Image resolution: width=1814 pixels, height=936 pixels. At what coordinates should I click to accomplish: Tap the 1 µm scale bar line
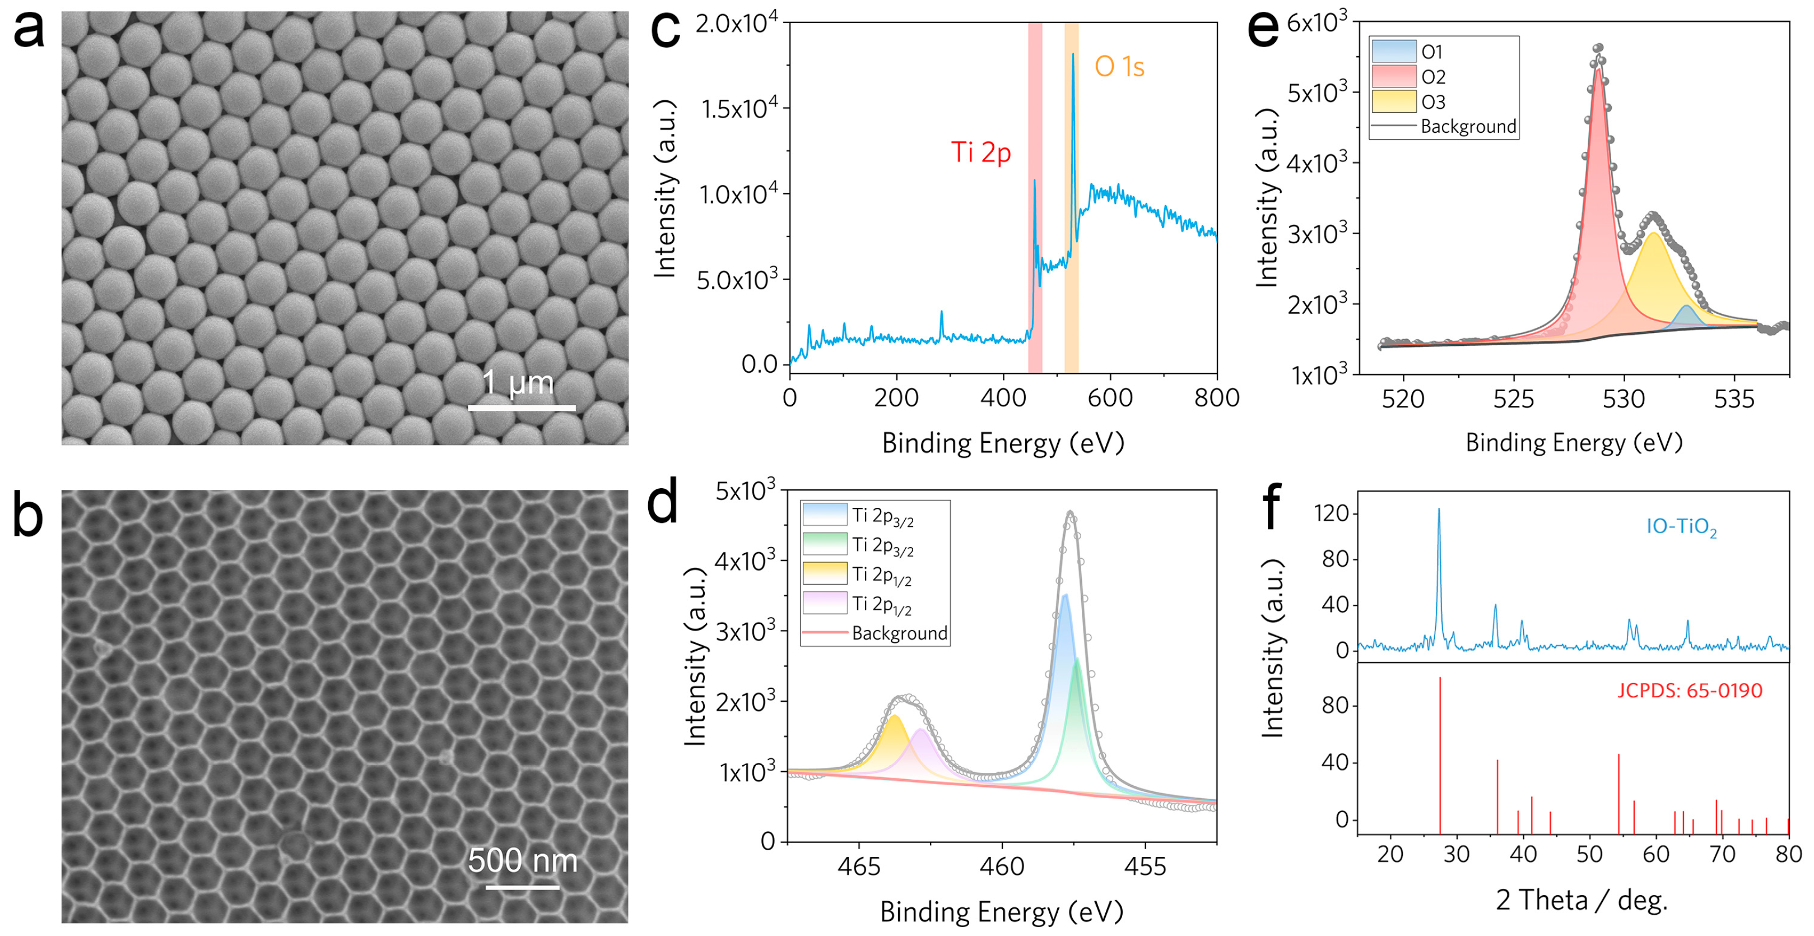tap(522, 408)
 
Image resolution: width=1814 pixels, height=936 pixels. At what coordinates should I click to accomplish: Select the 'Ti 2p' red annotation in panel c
tap(980, 152)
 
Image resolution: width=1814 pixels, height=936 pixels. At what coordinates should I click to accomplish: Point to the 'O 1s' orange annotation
tap(1119, 67)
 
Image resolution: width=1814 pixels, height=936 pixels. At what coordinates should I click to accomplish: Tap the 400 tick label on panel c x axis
tap(1003, 398)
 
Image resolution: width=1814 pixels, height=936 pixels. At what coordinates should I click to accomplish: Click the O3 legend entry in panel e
tap(1432, 102)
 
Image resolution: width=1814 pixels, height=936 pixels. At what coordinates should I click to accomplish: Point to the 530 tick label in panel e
tap(1623, 399)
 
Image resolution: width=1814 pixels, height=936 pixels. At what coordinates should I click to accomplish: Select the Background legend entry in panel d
tap(899, 633)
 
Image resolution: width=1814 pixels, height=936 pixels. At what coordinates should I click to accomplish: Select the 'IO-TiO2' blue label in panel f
tap(1681, 527)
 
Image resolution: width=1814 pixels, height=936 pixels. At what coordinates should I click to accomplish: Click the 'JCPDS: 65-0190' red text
tap(1690, 690)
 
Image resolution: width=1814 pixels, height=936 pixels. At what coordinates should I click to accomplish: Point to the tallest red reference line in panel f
tap(1440, 747)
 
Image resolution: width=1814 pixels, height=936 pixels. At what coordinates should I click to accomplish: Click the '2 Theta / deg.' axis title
tap(1582, 900)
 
